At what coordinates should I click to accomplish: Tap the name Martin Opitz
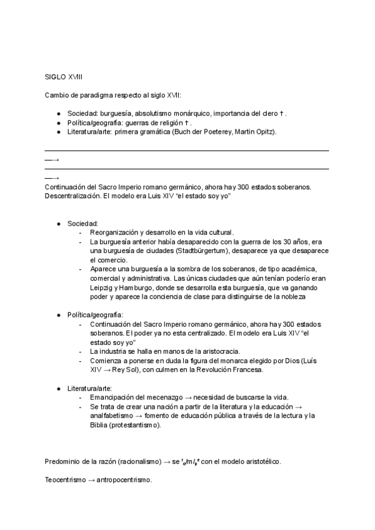click(254, 132)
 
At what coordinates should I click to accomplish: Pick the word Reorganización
click(117, 232)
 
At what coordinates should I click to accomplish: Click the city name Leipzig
click(102, 287)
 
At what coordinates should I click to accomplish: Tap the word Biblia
click(99, 425)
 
